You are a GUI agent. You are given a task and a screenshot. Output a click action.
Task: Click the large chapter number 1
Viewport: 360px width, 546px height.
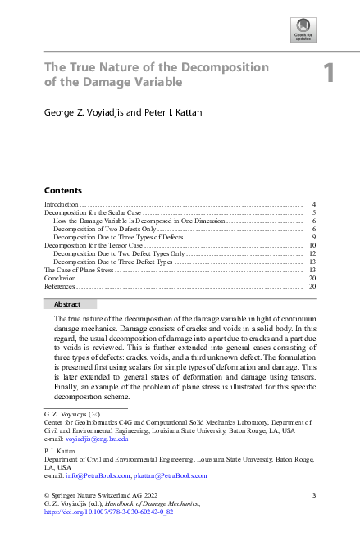pos(329,74)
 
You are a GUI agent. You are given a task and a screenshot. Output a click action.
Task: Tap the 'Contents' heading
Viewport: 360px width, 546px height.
pos(62,189)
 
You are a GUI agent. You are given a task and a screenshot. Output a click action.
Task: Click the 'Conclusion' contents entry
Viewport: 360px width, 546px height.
pos(60,278)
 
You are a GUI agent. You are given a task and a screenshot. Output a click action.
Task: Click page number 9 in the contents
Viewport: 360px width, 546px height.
pos(314,237)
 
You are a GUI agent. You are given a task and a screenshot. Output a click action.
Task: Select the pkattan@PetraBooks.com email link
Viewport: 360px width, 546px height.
pos(173,475)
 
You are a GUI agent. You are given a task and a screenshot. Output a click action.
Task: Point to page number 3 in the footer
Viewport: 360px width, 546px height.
pos(315,495)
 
